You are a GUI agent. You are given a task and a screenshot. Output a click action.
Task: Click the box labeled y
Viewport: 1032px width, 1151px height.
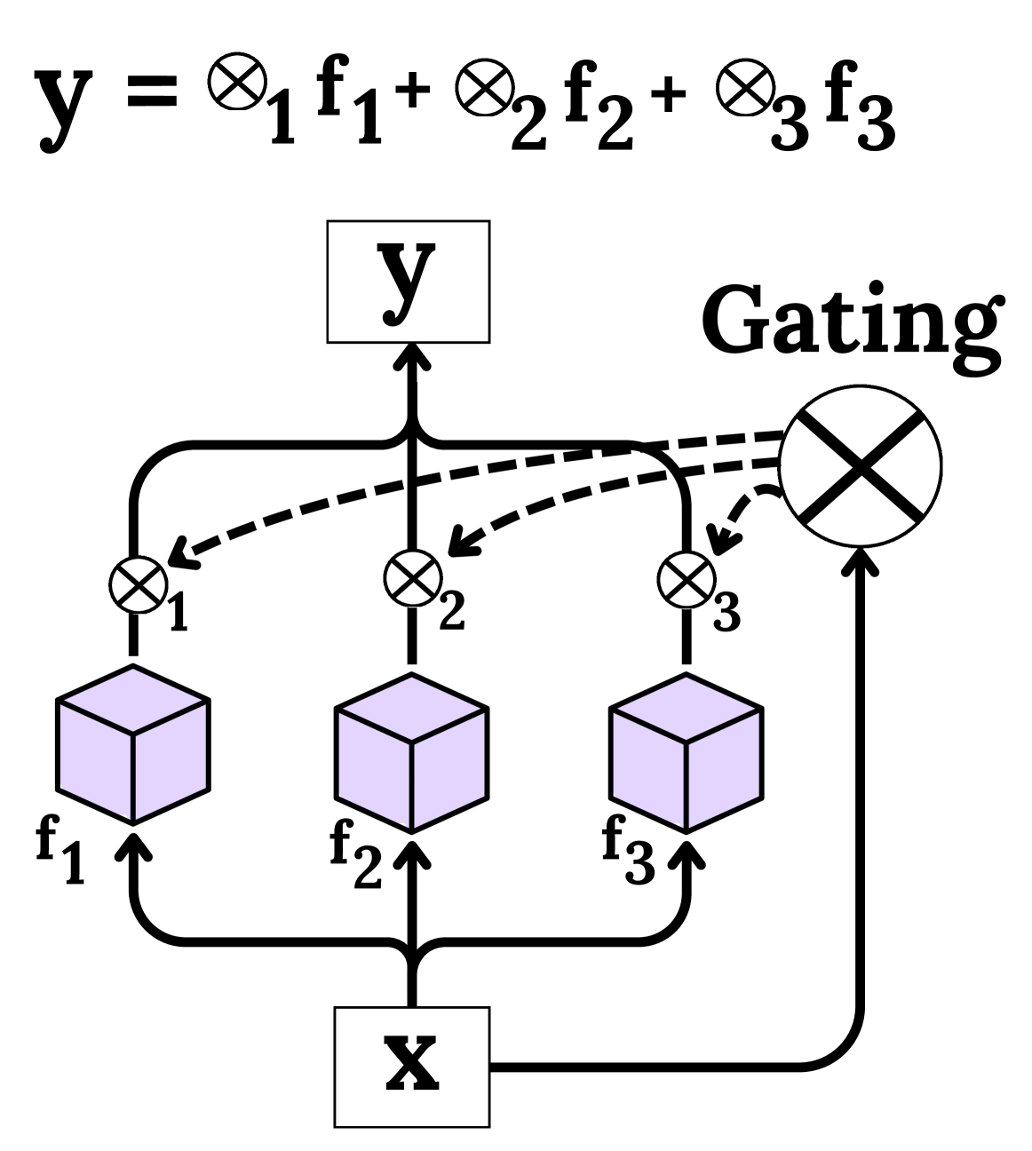click(408, 282)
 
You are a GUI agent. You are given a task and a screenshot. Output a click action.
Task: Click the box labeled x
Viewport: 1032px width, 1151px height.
click(411, 1066)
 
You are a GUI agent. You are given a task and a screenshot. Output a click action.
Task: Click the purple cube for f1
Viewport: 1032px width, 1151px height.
click(133, 743)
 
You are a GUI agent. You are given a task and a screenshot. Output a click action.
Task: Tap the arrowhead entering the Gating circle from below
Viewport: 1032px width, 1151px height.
click(859, 560)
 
